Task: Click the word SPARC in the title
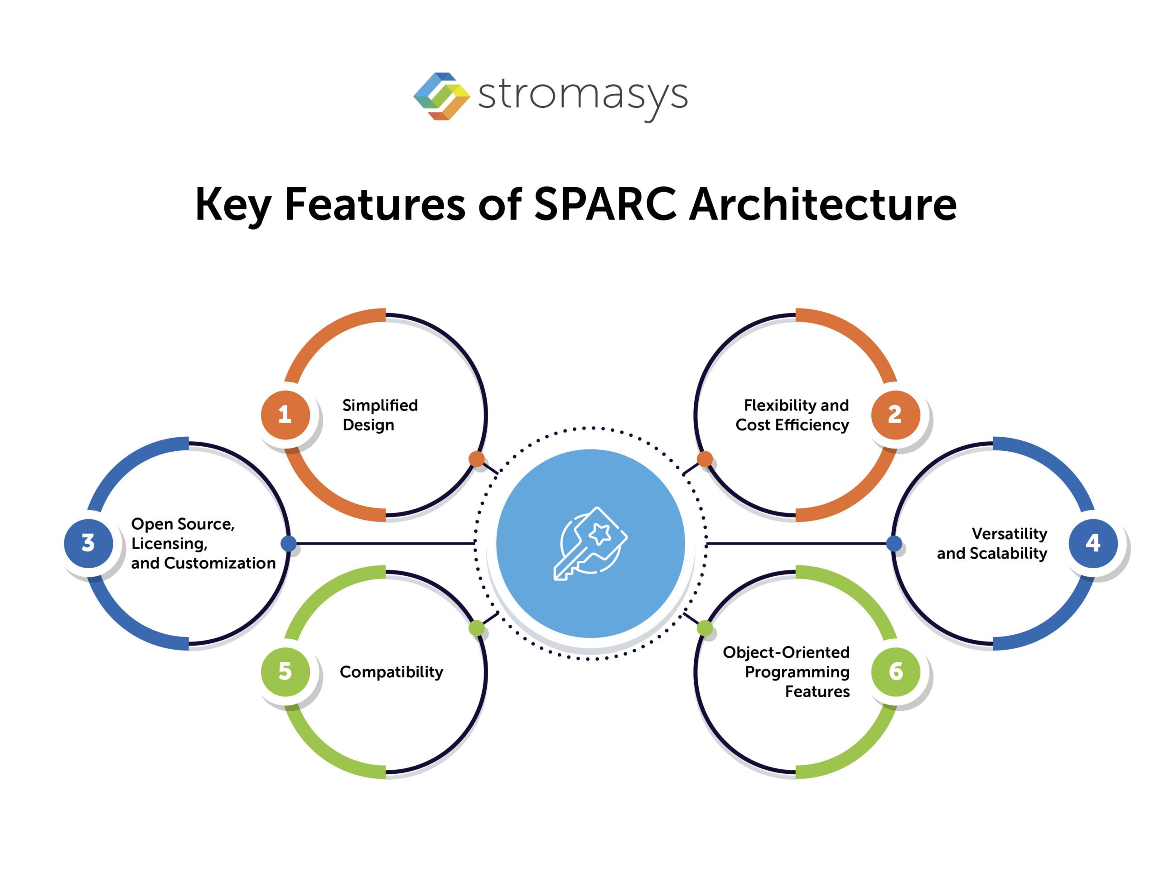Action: (x=605, y=204)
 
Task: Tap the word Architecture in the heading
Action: (x=822, y=204)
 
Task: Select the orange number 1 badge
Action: (x=285, y=415)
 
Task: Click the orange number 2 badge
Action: (x=895, y=415)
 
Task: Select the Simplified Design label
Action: (x=380, y=415)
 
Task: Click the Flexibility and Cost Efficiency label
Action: (x=792, y=415)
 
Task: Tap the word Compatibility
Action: (x=391, y=672)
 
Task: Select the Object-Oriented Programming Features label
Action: (x=787, y=672)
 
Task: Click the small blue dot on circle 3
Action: (x=289, y=544)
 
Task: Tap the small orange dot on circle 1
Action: (x=477, y=459)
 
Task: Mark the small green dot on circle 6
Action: (x=705, y=627)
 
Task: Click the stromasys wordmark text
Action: (x=582, y=96)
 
